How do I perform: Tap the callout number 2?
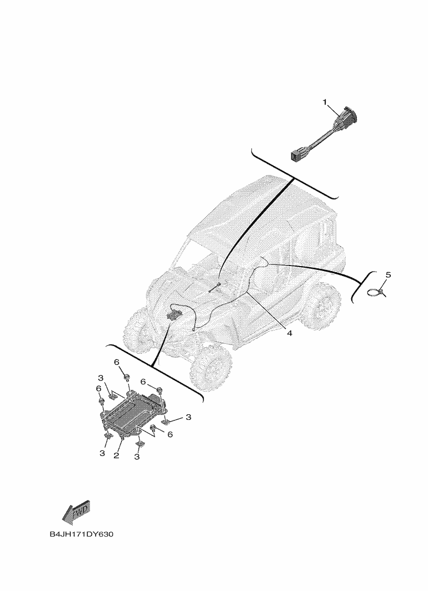click(117, 455)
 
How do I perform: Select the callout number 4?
click(290, 333)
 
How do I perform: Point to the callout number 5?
click(389, 275)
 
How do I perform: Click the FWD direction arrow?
click(76, 512)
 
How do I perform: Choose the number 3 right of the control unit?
click(188, 417)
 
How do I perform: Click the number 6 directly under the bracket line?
click(117, 362)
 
